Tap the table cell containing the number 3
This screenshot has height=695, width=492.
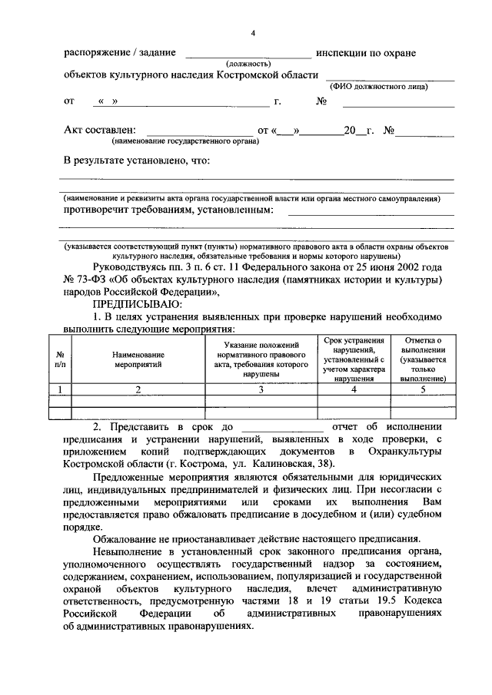point(261,389)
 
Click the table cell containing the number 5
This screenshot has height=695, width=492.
point(423,389)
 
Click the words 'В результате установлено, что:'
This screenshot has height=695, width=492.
point(136,161)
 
